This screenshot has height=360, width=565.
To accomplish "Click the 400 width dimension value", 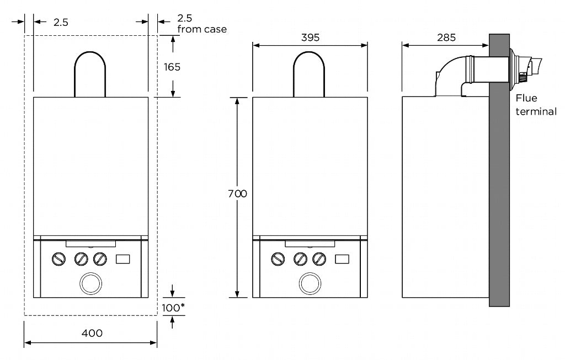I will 92,333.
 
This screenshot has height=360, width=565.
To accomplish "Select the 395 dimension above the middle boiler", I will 310,37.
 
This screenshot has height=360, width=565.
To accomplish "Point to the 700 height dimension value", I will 238,194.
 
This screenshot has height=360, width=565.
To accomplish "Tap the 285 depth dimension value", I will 446,37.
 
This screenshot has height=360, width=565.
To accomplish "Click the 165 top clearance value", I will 172,67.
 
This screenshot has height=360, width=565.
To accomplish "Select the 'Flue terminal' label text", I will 535,105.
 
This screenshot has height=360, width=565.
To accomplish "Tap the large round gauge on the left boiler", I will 91,283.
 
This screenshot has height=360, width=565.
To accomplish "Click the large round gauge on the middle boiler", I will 310,283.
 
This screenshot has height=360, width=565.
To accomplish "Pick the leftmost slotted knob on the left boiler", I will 58,259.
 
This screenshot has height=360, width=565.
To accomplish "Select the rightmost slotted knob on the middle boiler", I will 319,259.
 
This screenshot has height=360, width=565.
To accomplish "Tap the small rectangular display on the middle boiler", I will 343,259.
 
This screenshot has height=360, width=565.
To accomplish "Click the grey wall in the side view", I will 499,193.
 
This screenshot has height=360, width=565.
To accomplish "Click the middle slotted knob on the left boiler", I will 81,259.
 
